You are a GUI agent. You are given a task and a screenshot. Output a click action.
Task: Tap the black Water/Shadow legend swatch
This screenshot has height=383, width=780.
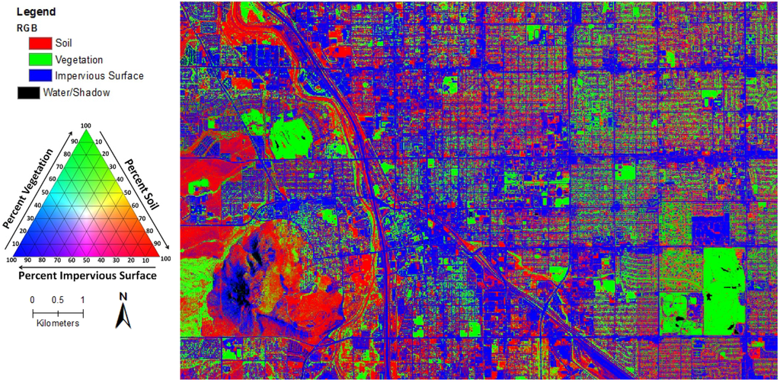click(27, 93)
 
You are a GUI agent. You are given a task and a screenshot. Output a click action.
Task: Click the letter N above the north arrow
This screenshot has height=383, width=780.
click(122, 295)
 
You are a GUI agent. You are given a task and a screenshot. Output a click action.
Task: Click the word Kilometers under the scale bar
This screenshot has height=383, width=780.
click(58, 324)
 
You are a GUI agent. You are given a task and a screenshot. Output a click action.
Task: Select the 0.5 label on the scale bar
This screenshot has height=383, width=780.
click(58, 299)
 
